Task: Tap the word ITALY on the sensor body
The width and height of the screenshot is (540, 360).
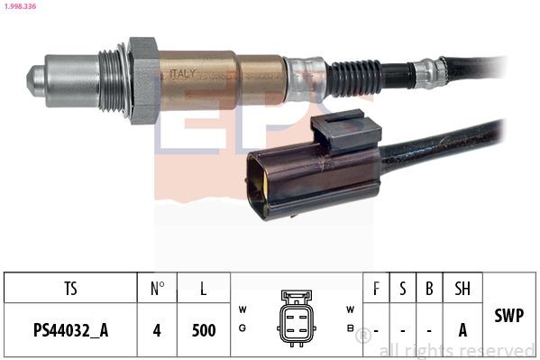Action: pyautogui.click(x=178, y=74)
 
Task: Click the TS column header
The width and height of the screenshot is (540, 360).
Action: pyautogui.click(x=70, y=289)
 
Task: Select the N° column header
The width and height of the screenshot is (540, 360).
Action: pyautogui.click(x=157, y=289)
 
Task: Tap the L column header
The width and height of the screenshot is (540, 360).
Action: pyautogui.click(x=204, y=289)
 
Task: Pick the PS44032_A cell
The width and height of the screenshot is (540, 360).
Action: pyautogui.click(x=70, y=330)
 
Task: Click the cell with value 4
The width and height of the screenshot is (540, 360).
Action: pyautogui.click(x=157, y=330)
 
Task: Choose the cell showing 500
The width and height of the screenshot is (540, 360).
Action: pyautogui.click(x=204, y=330)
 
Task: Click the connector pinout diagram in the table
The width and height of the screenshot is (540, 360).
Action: pyautogui.click(x=296, y=317)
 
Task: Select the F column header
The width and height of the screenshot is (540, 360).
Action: pyautogui.click(x=376, y=289)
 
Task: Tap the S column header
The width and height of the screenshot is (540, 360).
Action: pyautogui.click(x=402, y=289)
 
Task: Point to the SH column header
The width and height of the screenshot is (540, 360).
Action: pyautogui.click(x=462, y=289)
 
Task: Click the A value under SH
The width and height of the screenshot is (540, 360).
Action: pyautogui.click(x=462, y=330)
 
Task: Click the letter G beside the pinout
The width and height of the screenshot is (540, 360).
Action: pyautogui.click(x=243, y=328)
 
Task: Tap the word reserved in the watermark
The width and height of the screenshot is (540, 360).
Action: pyautogui.click(x=494, y=350)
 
